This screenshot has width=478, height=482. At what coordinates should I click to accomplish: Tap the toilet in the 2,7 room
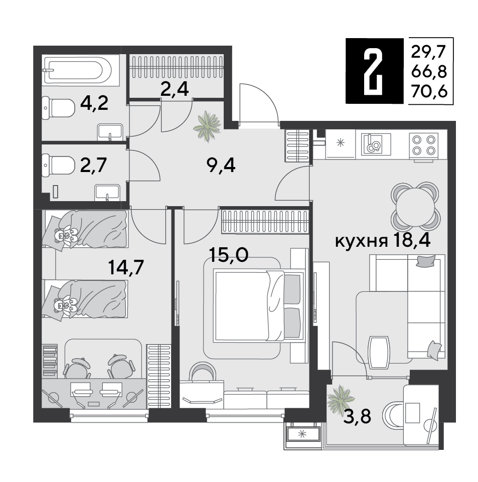(x=58, y=166)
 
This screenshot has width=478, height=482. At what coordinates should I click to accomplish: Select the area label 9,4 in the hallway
(x=221, y=167)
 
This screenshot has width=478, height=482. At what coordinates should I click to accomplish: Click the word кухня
(x=361, y=242)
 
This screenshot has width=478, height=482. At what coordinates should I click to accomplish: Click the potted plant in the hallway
(x=207, y=126)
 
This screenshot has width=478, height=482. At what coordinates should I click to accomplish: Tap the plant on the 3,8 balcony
(x=340, y=399)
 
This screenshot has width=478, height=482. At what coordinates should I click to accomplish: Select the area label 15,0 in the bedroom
(x=228, y=254)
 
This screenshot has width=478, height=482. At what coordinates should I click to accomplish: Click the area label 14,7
(x=126, y=267)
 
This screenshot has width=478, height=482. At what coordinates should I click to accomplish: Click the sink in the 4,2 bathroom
(x=110, y=132)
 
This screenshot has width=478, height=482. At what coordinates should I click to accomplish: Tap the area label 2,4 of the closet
(x=175, y=89)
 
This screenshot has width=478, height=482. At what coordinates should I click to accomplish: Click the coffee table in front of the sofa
(x=379, y=352)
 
